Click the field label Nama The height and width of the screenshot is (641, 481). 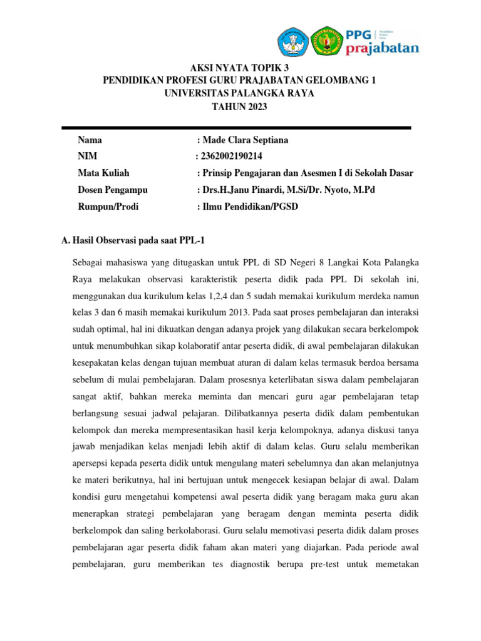click(90, 140)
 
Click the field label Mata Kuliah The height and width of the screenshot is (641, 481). click(103, 173)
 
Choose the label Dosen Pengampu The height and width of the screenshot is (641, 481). click(113, 190)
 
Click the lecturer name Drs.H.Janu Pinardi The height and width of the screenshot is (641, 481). click(245, 190)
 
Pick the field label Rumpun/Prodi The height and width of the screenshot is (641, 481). click(108, 207)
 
